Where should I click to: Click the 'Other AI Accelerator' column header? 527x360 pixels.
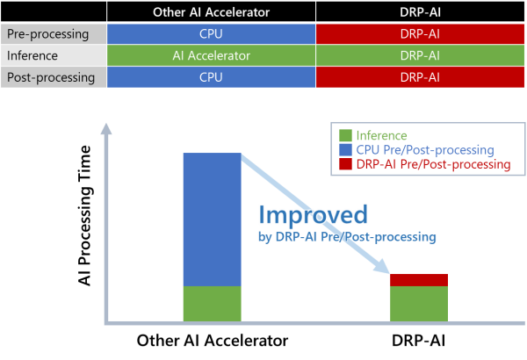click(x=211, y=12)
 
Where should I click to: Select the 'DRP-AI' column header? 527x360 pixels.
click(x=420, y=12)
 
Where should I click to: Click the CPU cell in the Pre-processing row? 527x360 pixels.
click(x=211, y=34)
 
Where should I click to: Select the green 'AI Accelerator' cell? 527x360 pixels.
click(x=211, y=55)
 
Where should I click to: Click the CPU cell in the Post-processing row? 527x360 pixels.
click(x=211, y=76)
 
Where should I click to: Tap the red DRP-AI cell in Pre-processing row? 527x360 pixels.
click(x=420, y=34)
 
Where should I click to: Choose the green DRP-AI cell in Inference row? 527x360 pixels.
click(x=420, y=55)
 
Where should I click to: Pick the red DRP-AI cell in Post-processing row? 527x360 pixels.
click(x=420, y=76)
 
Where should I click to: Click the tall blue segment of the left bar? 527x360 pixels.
click(x=212, y=220)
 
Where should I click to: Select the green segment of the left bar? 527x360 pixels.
click(x=212, y=304)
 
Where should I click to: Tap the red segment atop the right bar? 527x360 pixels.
click(x=419, y=280)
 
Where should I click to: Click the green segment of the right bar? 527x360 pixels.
click(x=419, y=304)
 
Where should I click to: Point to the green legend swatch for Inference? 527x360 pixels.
click(x=346, y=136)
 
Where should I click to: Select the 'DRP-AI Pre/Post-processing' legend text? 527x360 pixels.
click(x=434, y=164)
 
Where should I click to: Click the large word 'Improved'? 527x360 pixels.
click(x=314, y=214)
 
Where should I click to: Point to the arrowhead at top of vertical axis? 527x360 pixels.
click(x=106, y=131)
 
